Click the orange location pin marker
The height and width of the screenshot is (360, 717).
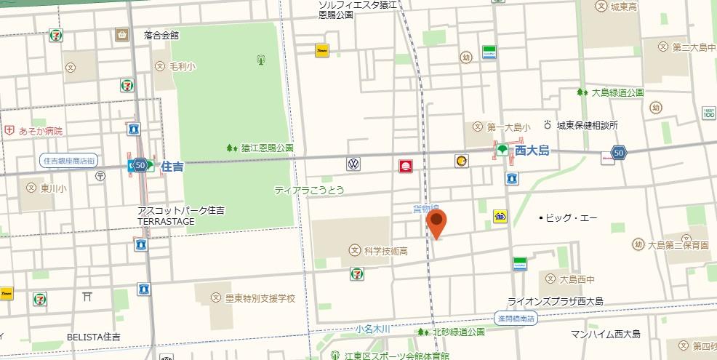436,223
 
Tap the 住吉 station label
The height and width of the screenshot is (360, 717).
172,166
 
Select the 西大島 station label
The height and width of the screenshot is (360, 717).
532,151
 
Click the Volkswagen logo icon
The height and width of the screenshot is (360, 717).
353,164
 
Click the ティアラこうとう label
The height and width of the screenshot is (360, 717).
308,190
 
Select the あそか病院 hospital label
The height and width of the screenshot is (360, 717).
41,131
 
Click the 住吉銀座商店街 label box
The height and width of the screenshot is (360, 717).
69,161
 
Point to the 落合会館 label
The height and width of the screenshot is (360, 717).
161,34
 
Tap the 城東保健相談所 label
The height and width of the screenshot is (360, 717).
587,125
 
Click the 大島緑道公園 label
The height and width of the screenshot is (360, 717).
617,92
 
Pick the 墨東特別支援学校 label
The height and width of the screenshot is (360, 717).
260,298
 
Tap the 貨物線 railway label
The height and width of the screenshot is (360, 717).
425,209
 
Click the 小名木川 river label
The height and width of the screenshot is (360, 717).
372,329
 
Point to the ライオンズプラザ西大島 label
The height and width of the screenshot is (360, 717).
555,301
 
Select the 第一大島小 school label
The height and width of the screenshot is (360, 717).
508,127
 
